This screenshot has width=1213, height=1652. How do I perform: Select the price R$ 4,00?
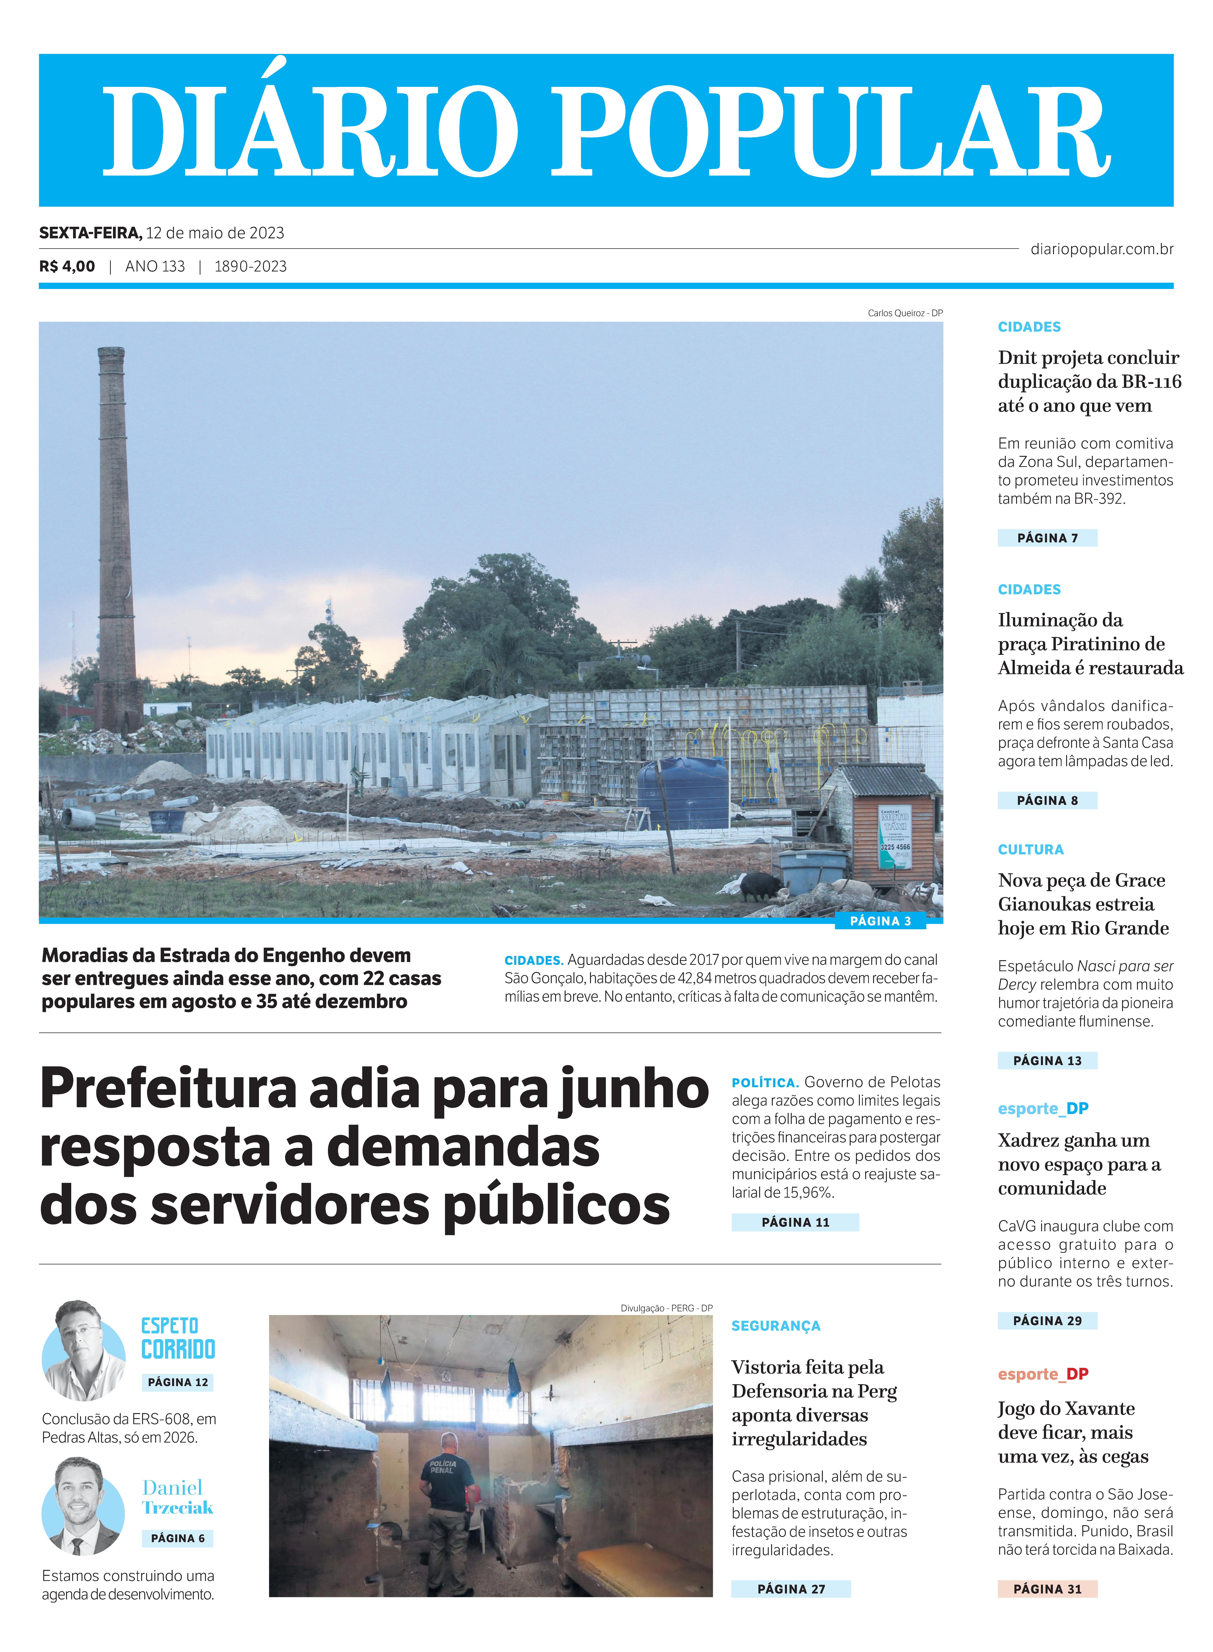pyautogui.click(x=67, y=266)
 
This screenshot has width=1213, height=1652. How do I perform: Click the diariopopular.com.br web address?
pyautogui.click(x=1101, y=249)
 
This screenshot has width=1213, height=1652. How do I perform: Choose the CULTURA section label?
pyautogui.click(x=1030, y=850)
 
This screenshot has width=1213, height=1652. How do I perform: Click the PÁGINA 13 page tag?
pyautogui.click(x=1047, y=1060)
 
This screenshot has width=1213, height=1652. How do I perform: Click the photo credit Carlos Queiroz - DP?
pyautogui.click(x=905, y=313)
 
